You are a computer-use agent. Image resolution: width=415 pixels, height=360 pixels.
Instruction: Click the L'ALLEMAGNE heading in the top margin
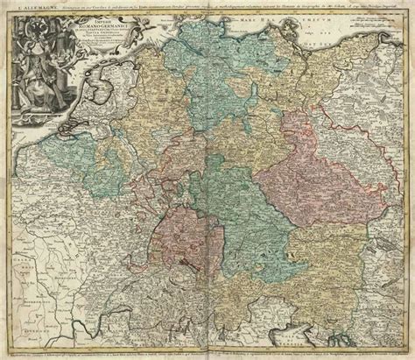[25, 8]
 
